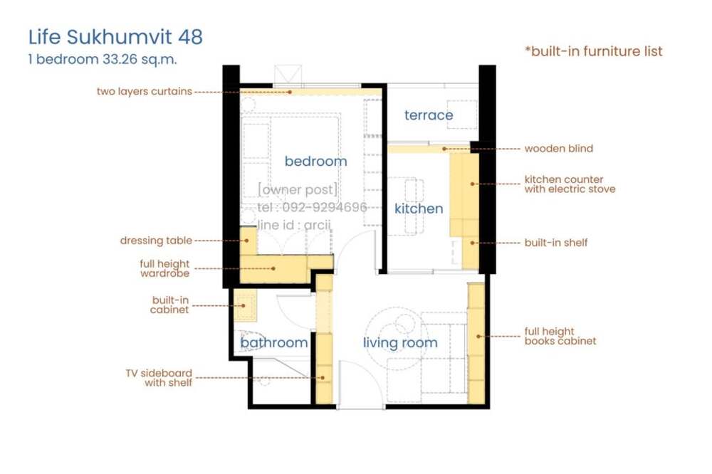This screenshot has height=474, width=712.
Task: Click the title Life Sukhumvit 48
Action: tap(115, 37)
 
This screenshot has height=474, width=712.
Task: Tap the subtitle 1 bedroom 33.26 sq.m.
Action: tap(102, 60)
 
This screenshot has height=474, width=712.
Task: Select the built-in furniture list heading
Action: tap(594, 51)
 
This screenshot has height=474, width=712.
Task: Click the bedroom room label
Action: tap(315, 161)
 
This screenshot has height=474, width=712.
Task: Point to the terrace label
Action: tap(429, 115)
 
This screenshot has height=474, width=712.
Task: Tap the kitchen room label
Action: tap(419, 209)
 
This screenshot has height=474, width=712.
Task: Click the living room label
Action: tap(400, 343)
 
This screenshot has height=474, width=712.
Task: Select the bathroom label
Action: tap(274, 342)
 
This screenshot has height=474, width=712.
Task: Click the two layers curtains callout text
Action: tap(145, 91)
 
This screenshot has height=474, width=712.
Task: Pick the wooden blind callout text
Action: tap(558, 149)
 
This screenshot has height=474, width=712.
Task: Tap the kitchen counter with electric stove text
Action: tap(570, 184)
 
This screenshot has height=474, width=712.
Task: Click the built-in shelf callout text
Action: tap(556, 243)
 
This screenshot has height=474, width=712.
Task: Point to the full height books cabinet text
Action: tap(560, 337)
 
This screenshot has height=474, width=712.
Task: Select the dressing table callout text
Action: tap(156, 241)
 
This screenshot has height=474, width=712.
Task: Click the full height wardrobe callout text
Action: tap(164, 268)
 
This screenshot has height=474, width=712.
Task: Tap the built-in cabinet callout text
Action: tap(169, 305)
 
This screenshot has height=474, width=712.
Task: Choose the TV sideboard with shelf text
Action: tap(159, 378)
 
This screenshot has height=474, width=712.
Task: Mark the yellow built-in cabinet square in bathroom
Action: tap(245, 305)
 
